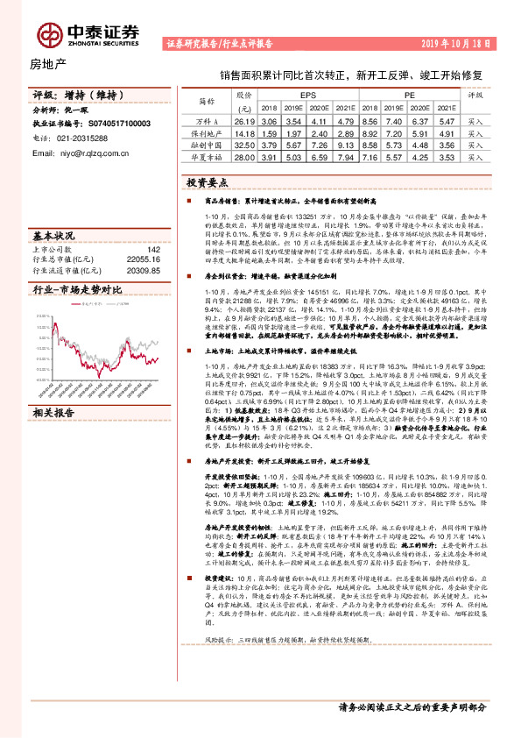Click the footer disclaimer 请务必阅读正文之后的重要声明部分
411,706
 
